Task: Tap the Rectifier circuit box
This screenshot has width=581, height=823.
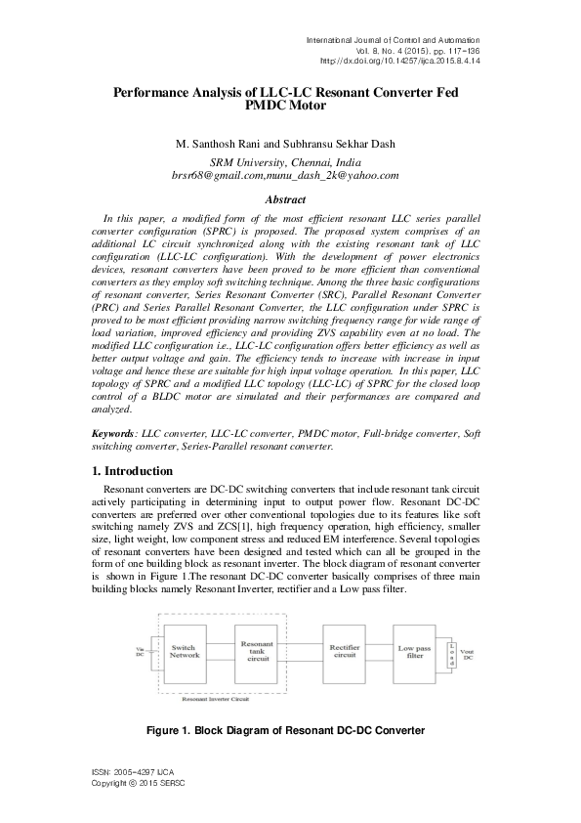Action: [x=343, y=652]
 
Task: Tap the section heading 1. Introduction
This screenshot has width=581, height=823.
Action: [x=131, y=471]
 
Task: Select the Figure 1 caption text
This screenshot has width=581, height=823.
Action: [x=286, y=730]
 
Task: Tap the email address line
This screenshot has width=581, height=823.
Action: [x=286, y=175]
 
